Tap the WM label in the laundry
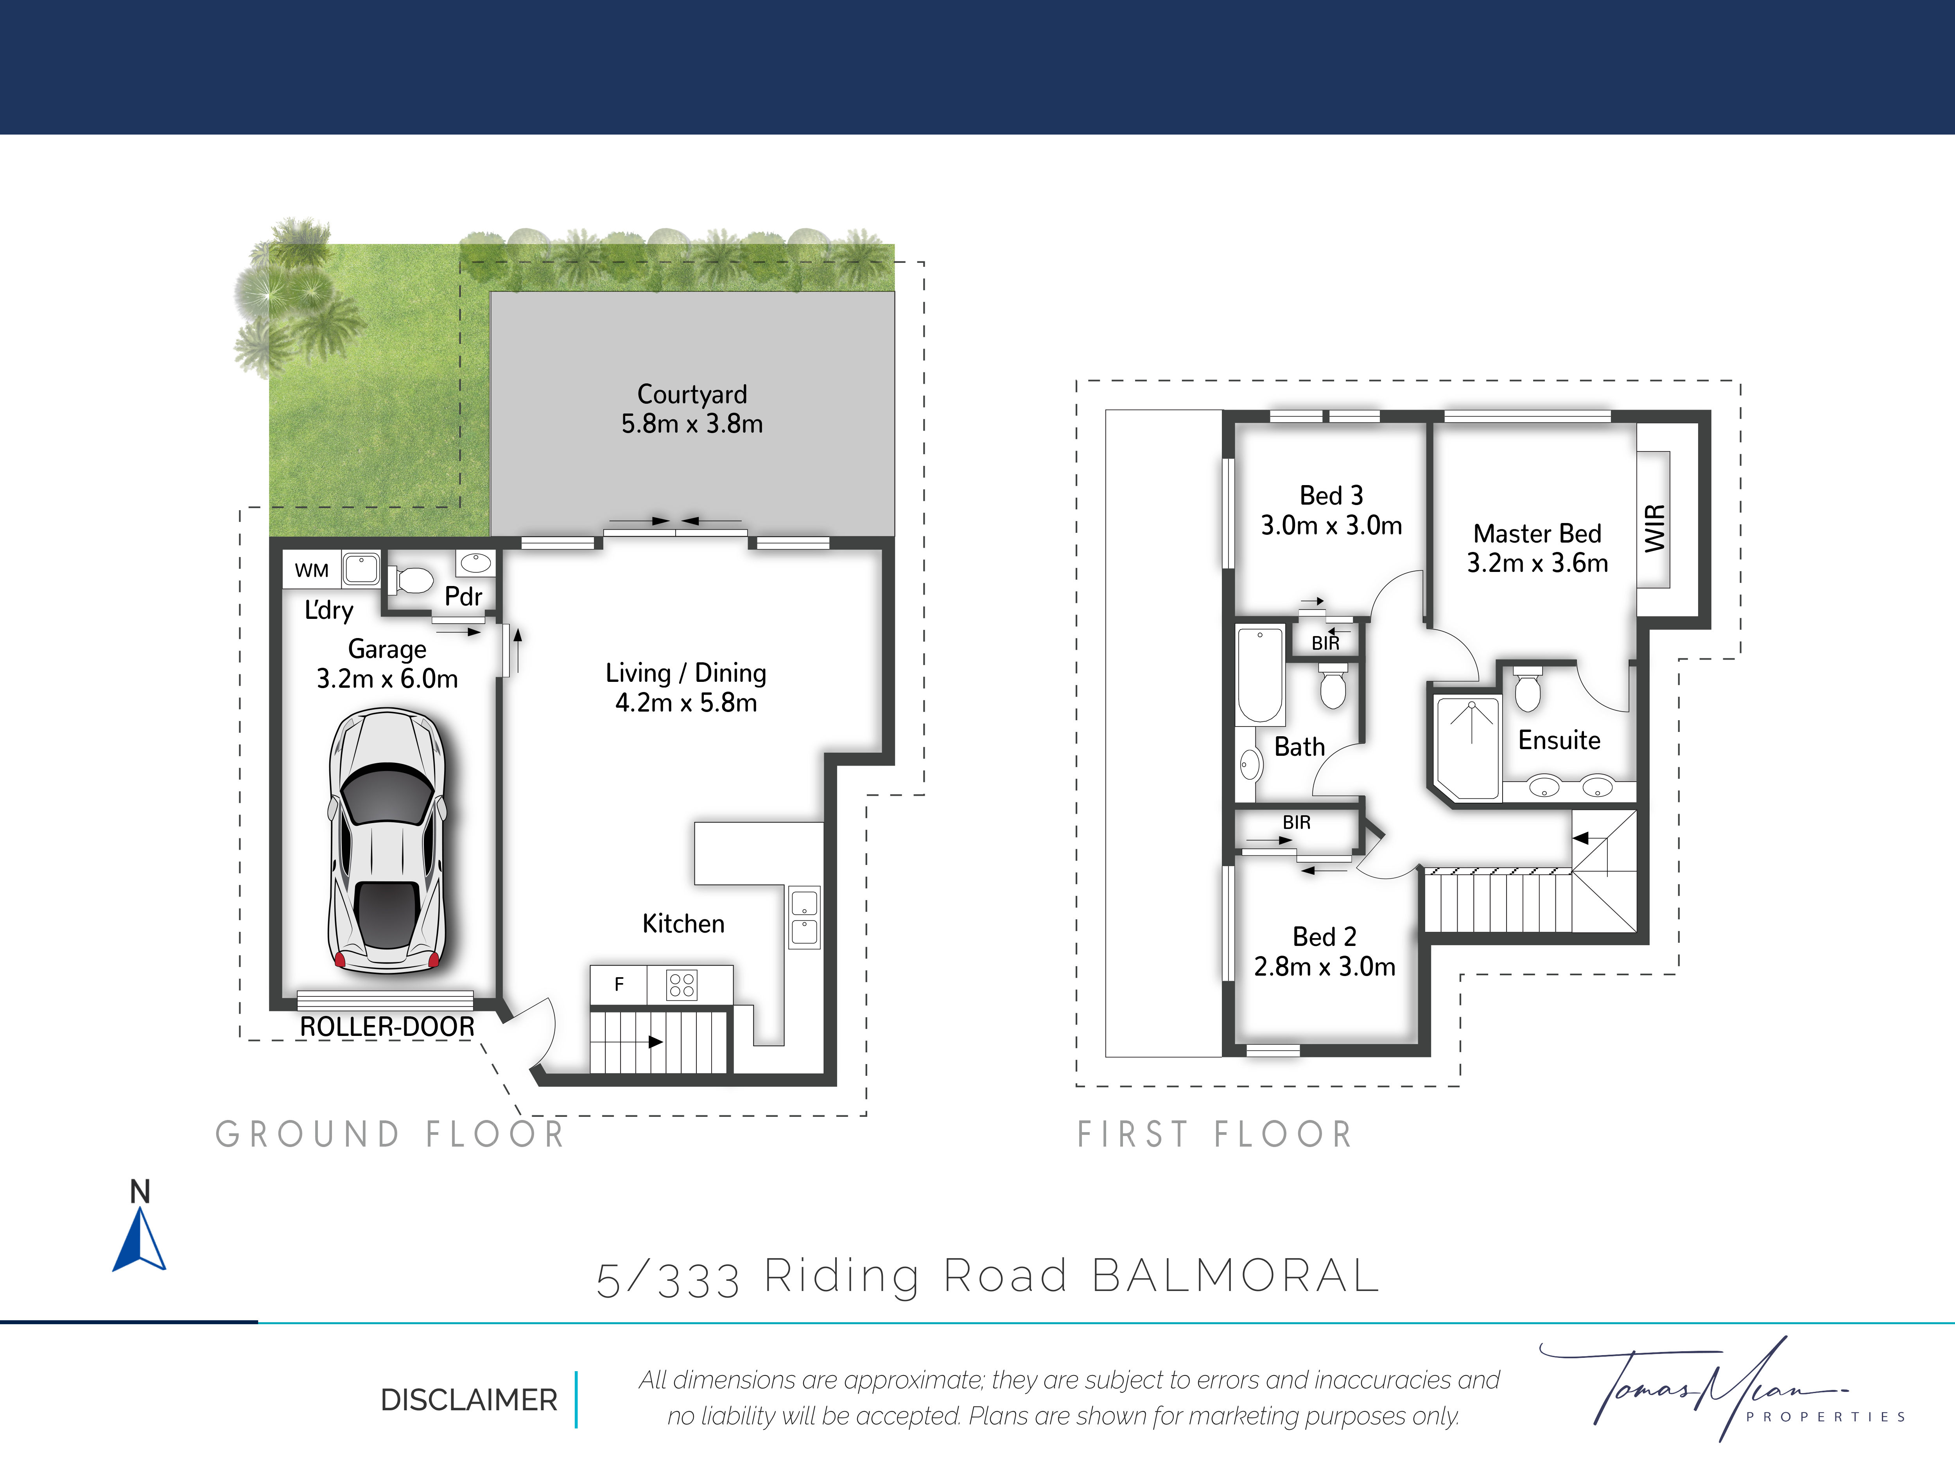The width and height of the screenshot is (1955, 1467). pos(311,570)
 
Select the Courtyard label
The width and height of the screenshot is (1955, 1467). pos(692,394)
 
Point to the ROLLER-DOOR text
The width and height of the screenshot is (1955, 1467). pos(387,1027)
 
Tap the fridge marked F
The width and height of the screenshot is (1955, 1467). pos(619,984)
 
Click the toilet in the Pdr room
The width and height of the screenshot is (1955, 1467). pos(411,580)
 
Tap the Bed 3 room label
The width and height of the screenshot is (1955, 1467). pos(1331,495)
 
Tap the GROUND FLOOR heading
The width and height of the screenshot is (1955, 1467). pos(390,1134)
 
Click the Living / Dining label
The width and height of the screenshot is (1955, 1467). pos(686,673)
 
